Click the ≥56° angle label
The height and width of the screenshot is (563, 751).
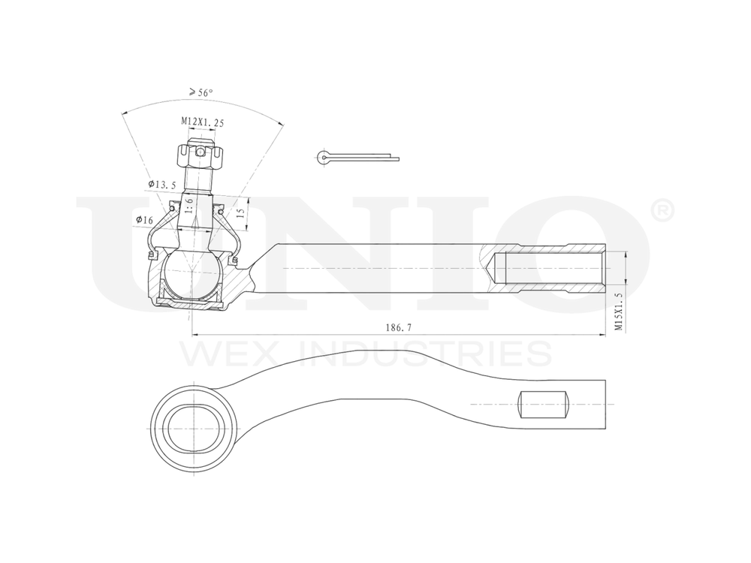[x=201, y=92]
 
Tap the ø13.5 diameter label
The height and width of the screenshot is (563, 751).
[x=161, y=184]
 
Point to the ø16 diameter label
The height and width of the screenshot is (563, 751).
[x=144, y=219]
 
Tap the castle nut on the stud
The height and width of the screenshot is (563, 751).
[x=199, y=155]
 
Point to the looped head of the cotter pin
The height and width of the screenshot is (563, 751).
[x=322, y=156]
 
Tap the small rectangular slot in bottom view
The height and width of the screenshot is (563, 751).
[x=542, y=405]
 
